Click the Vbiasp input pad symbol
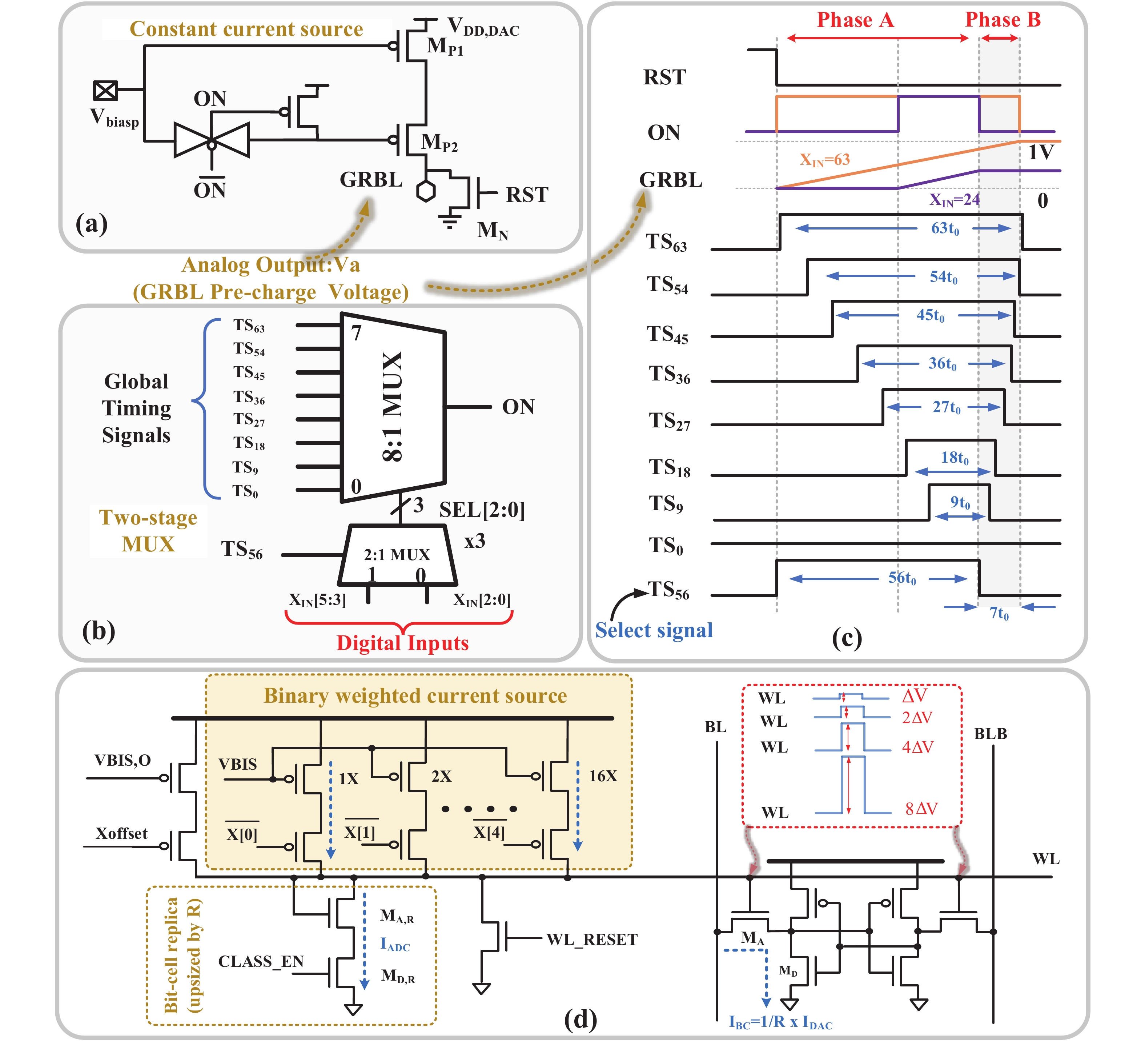click(x=106, y=90)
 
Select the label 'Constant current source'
click(x=246, y=29)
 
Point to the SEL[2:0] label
click(x=482, y=510)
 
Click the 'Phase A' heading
click(x=855, y=20)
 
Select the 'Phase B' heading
click(x=1003, y=20)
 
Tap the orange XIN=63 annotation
click(x=825, y=160)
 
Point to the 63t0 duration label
click(x=945, y=228)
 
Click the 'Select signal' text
click(x=654, y=630)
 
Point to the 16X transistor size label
click(x=603, y=775)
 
